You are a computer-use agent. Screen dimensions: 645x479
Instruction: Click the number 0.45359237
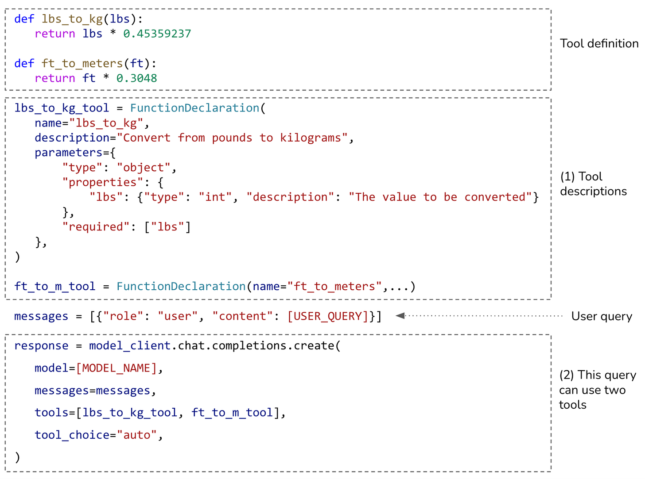click(x=157, y=34)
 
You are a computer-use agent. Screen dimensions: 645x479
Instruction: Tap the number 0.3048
click(x=136, y=78)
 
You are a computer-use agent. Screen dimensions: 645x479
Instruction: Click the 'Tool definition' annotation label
click(x=599, y=43)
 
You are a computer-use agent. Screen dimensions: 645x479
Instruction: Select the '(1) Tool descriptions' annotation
click(x=593, y=184)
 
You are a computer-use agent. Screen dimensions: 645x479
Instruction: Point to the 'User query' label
click(x=601, y=316)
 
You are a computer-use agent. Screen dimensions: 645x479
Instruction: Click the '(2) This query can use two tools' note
click(x=597, y=390)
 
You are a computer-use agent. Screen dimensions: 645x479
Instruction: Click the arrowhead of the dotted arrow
click(x=400, y=316)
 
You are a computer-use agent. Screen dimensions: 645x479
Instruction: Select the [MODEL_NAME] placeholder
click(x=117, y=368)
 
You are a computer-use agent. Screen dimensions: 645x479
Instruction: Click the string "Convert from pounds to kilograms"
click(x=232, y=138)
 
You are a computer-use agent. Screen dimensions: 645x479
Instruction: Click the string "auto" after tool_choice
click(x=137, y=435)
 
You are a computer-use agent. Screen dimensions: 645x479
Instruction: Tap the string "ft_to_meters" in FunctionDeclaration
click(x=334, y=286)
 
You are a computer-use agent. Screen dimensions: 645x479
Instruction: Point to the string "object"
click(x=144, y=168)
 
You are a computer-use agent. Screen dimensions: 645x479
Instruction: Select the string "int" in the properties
click(x=215, y=197)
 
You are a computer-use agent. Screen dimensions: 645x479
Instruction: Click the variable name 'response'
click(x=41, y=345)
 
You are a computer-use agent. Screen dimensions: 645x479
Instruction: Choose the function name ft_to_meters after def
click(x=82, y=63)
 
